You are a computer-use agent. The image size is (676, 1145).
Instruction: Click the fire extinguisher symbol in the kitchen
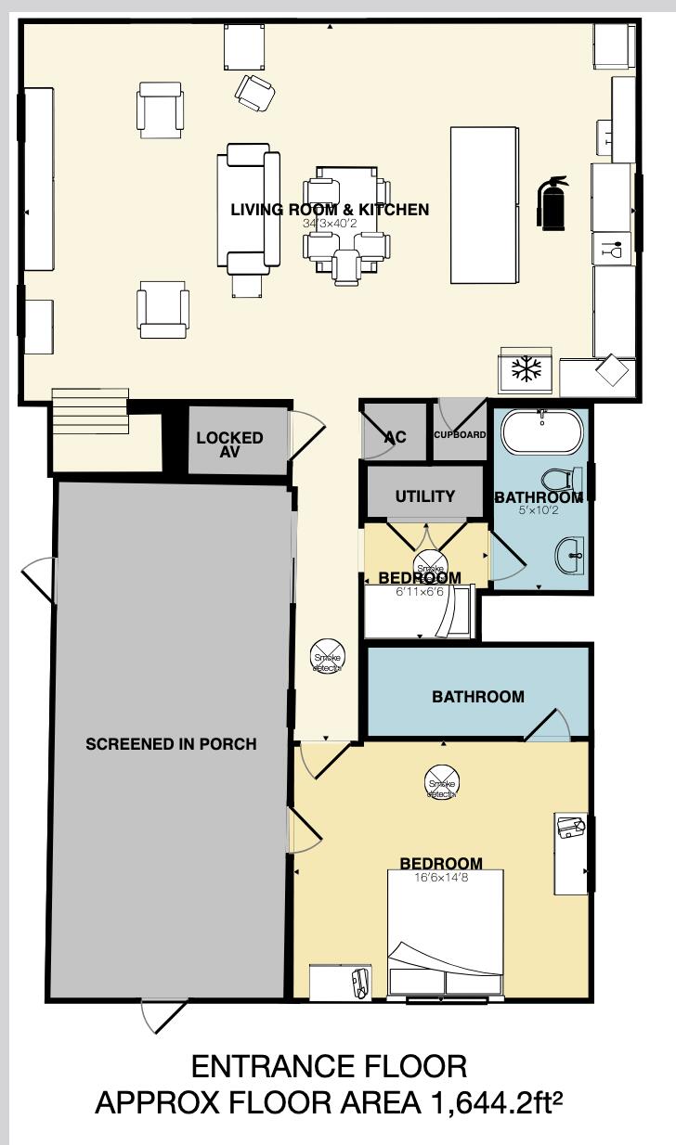coord(552,202)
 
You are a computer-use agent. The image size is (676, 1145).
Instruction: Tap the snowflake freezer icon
coord(527,370)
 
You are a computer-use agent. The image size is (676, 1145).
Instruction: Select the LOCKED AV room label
coord(229,444)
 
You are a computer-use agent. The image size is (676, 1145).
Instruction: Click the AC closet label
coord(395,437)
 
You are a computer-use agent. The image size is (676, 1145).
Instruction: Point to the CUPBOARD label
coord(460,434)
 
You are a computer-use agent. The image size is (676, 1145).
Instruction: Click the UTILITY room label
coord(425,496)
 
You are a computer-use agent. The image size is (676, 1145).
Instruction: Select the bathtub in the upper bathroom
coord(542,432)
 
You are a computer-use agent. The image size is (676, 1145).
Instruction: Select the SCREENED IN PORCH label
coord(171,744)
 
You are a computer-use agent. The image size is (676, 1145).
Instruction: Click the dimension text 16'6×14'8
coord(441,878)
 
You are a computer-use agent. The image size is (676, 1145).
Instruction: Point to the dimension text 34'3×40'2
coord(330,224)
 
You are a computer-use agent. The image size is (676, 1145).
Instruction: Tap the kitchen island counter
coord(484,205)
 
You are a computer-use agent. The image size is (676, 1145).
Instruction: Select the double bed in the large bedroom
coord(445,933)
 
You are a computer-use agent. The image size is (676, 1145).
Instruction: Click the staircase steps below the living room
coord(87,411)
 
